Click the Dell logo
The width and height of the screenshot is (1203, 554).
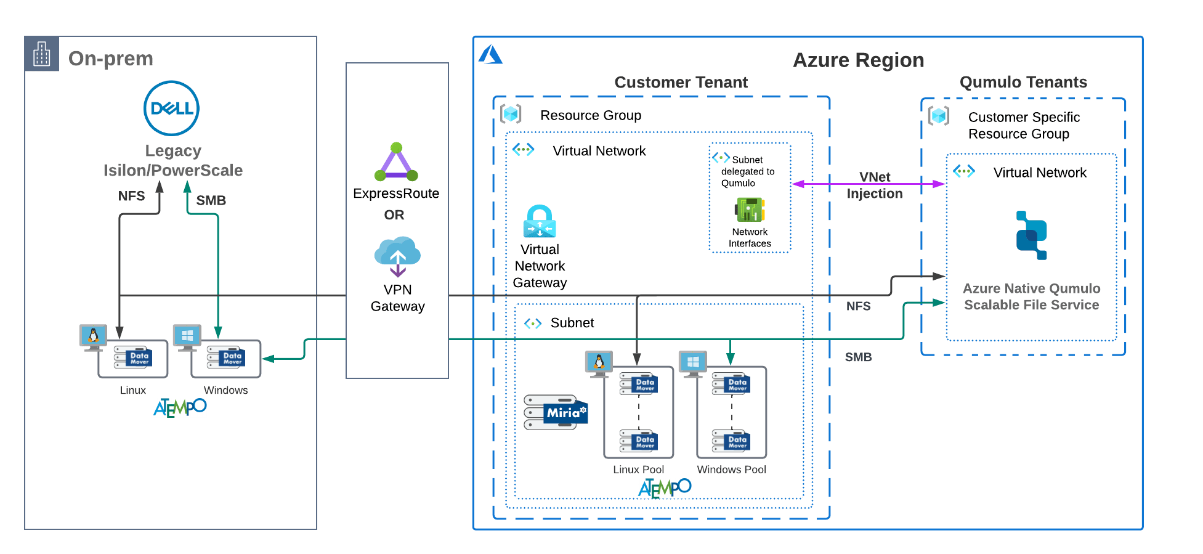(172, 109)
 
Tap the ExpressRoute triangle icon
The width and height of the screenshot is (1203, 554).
(396, 163)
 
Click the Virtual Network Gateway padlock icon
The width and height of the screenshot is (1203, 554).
(540, 221)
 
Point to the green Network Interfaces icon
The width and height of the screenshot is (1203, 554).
(750, 210)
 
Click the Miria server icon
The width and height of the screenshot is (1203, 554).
(556, 412)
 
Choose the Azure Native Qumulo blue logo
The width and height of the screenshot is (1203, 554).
(1031, 235)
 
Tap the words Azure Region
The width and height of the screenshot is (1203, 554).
(858, 60)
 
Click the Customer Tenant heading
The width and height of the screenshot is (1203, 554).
(681, 83)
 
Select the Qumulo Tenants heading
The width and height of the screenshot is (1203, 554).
(1023, 83)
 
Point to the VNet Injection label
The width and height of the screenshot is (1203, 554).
(875, 185)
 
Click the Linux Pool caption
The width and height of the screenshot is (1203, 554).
(638, 470)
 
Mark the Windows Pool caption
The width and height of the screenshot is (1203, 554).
(731, 470)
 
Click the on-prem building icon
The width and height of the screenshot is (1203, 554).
(42, 54)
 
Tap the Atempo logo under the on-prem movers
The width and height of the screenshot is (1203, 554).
(180, 407)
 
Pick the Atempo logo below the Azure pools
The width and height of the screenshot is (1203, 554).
(665, 488)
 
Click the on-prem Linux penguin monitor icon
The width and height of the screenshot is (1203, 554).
(93, 336)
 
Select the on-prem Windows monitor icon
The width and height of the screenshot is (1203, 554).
(187, 336)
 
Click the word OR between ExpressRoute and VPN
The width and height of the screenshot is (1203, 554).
(394, 215)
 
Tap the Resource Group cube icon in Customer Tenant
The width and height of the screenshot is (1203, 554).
(511, 114)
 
